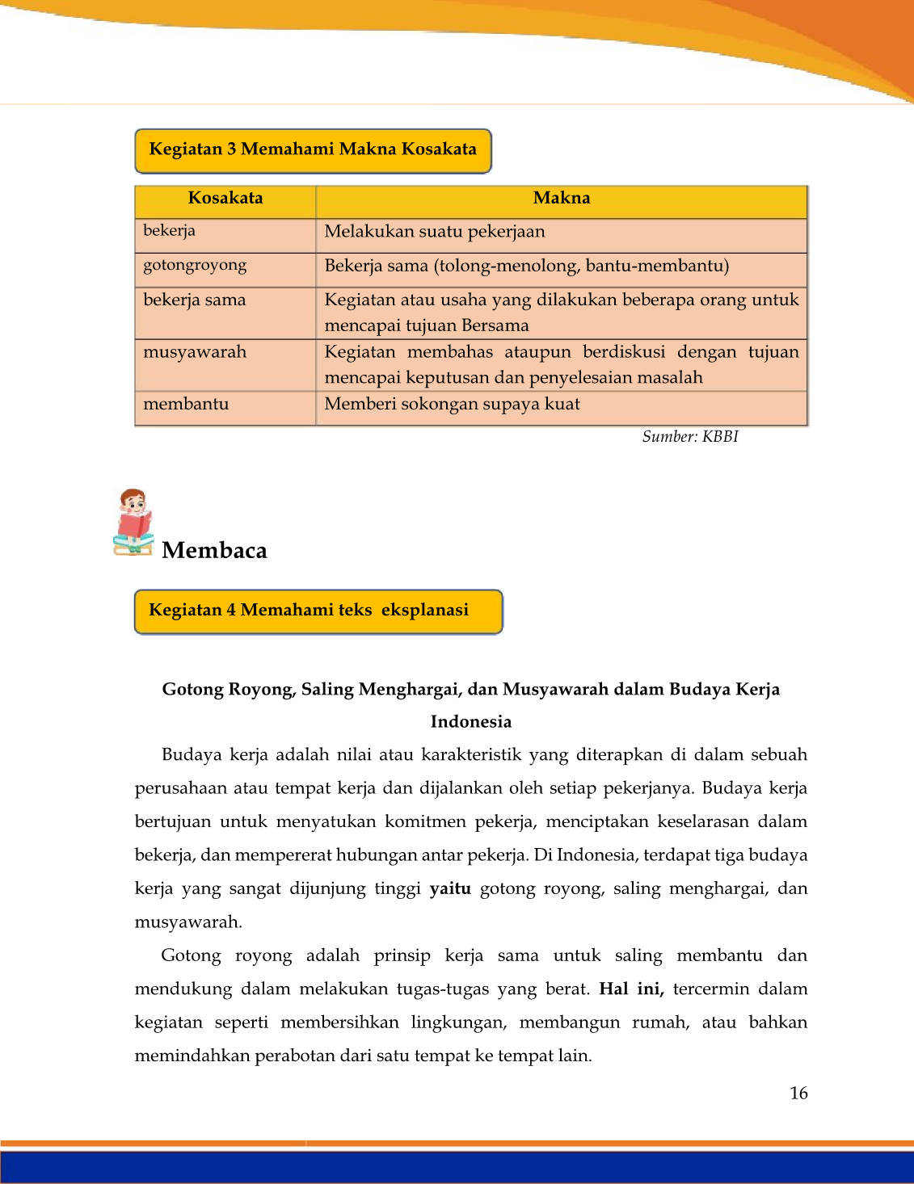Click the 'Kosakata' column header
[225, 199]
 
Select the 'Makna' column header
[562, 199]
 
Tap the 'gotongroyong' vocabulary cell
[195, 266]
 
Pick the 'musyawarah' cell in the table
[195, 352]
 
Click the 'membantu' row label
[186, 404]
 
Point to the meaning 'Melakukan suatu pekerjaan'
[435, 232]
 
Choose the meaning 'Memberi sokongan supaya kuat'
[452, 404]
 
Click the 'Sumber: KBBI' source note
[690, 437]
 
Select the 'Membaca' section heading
[214, 551]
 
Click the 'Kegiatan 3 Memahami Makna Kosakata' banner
[313, 150]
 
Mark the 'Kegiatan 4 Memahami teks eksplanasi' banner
[318, 611]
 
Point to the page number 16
[798, 1094]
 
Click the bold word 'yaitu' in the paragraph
[450, 889]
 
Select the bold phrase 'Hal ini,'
[631, 989]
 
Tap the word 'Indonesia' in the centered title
[470, 722]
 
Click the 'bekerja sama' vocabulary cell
[195, 300]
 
